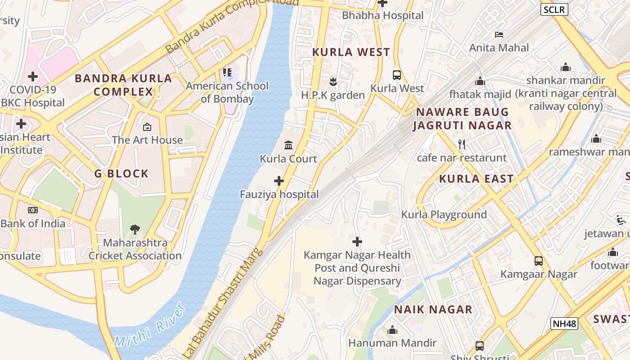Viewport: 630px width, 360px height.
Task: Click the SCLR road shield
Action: [x=554, y=9]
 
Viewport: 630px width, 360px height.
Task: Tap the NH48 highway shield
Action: [x=564, y=323]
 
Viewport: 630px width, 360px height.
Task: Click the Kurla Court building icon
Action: [x=288, y=145]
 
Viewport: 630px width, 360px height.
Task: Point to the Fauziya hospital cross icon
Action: [x=279, y=181]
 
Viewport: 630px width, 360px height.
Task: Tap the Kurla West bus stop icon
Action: [x=397, y=75]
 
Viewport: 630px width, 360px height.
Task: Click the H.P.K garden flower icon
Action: [x=333, y=81]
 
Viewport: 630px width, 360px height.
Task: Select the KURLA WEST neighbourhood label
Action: [x=351, y=52]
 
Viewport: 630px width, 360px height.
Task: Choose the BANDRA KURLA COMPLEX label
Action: [x=123, y=85]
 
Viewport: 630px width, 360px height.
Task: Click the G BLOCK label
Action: [x=121, y=174]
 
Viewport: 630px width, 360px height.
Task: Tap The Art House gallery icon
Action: [x=147, y=127]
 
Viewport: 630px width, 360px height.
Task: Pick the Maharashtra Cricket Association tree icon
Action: [x=135, y=229]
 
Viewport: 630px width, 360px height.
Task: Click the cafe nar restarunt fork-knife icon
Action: [x=461, y=144]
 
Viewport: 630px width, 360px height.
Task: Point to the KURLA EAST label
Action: [x=476, y=179]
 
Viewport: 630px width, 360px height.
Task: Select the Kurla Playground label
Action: [x=444, y=215]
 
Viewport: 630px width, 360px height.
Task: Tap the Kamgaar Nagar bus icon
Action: [x=539, y=261]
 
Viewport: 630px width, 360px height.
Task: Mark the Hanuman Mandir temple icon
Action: [x=392, y=330]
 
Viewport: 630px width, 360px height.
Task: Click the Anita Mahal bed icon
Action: [x=499, y=35]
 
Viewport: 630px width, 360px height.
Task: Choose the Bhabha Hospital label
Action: [x=382, y=15]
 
